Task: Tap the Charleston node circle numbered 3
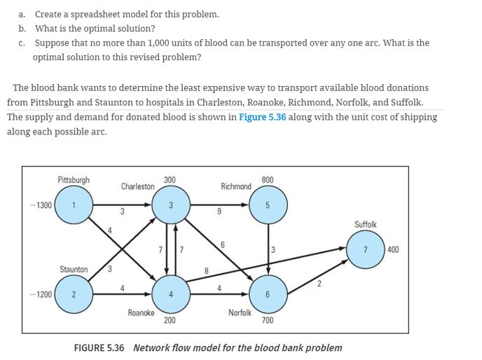click(x=169, y=205)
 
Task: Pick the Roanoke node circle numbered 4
click(x=169, y=294)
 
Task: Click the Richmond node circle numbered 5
click(x=268, y=205)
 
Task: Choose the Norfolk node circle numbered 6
click(x=268, y=294)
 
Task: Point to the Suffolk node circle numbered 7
click(x=365, y=250)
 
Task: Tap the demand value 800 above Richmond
click(x=267, y=180)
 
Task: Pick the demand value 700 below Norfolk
click(x=267, y=320)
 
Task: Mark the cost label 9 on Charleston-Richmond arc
click(x=219, y=212)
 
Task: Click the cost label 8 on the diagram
click(x=206, y=269)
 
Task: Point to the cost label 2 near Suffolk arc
click(x=318, y=283)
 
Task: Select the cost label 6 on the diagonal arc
click(x=222, y=244)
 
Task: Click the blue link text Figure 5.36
click(x=262, y=117)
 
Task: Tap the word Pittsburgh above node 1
click(x=74, y=180)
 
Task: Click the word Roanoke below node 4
click(x=141, y=312)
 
